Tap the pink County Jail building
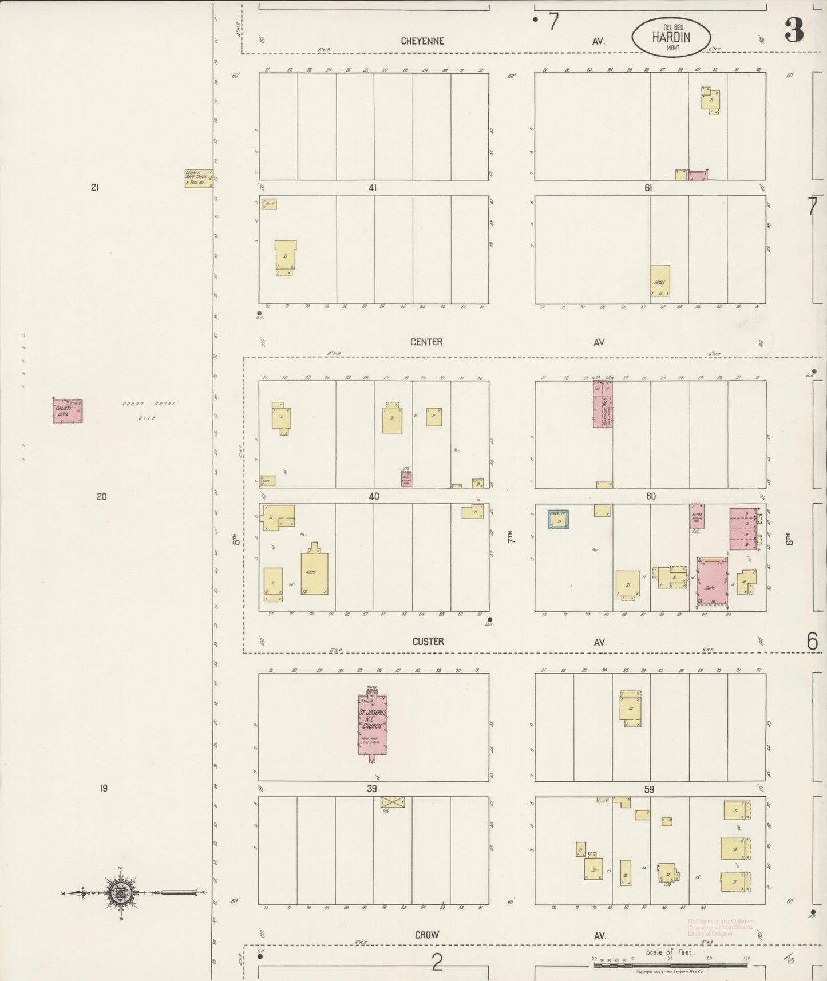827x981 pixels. tap(68, 410)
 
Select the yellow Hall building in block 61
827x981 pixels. tap(660, 280)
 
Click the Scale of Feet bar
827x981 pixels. tap(670, 965)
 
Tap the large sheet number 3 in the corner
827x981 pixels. tap(794, 30)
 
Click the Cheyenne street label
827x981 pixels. tap(422, 41)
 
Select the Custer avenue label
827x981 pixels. tap(428, 642)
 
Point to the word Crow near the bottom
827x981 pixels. tap(426, 935)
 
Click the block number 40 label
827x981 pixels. tap(374, 496)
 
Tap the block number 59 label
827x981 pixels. tap(648, 789)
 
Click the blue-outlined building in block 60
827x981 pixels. tap(558, 519)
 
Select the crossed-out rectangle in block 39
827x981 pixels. tap(392, 802)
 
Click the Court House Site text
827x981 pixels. tap(148, 410)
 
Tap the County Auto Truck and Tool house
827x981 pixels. tap(198, 178)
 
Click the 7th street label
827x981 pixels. tap(510, 537)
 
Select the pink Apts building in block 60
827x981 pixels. tap(713, 582)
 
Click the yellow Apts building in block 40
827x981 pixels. tap(314, 572)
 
